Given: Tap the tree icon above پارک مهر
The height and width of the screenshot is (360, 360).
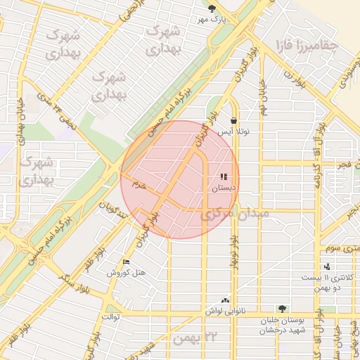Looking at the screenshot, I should click(212, 8).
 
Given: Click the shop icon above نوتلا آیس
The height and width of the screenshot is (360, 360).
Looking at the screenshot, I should click(233, 120).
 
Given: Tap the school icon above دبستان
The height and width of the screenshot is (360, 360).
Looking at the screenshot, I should click(224, 177).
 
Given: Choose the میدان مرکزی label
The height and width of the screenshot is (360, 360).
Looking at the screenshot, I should click(229, 214).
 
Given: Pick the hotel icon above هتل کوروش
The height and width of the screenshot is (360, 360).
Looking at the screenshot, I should click(126, 262).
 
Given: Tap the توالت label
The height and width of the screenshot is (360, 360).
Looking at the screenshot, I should click(112, 316).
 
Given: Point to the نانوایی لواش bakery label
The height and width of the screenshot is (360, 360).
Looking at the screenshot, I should click(224, 310).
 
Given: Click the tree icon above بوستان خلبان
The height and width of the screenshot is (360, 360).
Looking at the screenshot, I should click(282, 308).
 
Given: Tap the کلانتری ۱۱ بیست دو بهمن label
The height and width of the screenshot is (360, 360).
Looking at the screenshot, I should click(327, 283).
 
